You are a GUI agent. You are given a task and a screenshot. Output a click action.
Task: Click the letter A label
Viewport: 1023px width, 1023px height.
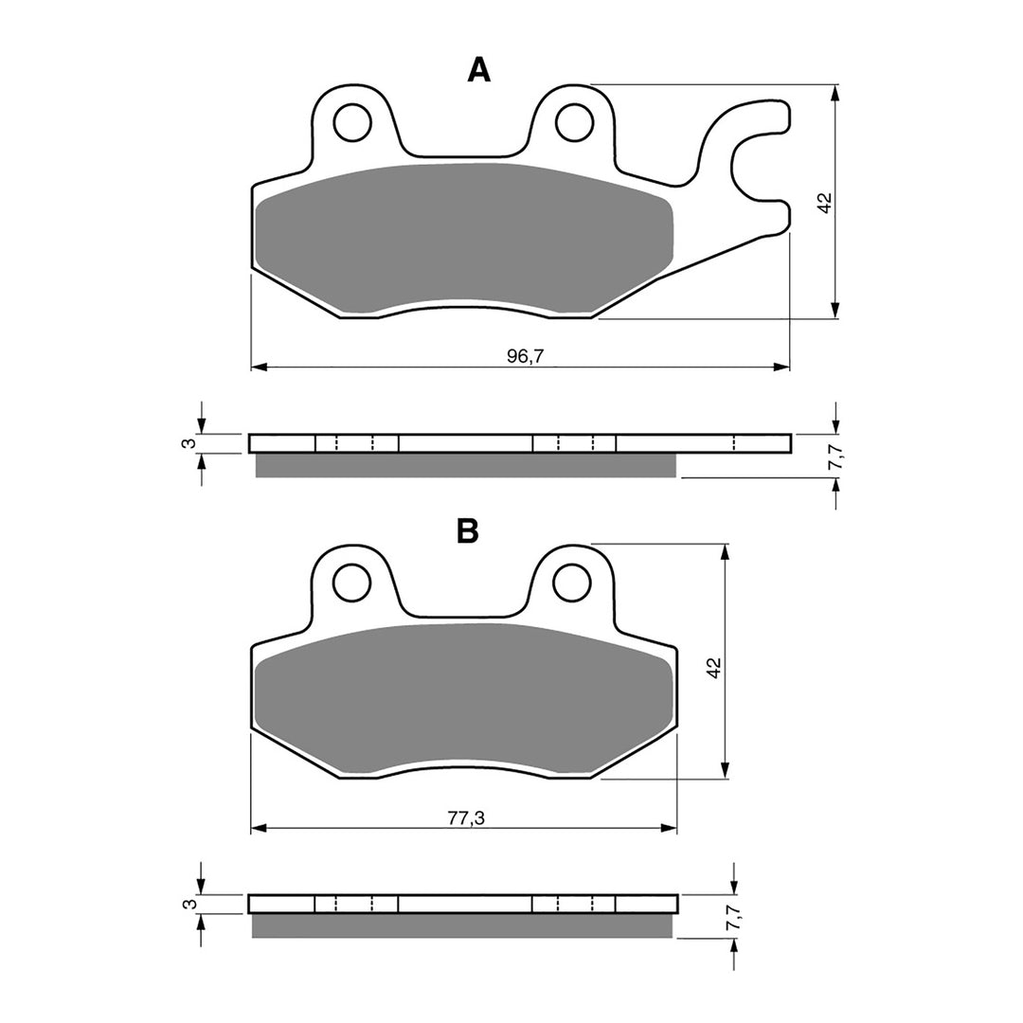(x=479, y=69)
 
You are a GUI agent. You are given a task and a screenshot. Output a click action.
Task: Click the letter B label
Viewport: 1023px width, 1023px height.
(x=468, y=531)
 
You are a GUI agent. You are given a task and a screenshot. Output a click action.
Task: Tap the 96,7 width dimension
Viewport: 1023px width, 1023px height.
(x=520, y=355)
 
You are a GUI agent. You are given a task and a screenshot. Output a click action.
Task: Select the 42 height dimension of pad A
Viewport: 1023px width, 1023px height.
(x=824, y=203)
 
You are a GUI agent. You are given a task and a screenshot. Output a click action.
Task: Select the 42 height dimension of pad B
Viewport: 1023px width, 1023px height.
(x=715, y=666)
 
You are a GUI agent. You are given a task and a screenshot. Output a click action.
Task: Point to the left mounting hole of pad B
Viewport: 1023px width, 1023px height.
(x=351, y=583)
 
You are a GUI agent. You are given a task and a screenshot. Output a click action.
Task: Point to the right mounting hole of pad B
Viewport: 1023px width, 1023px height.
(x=572, y=583)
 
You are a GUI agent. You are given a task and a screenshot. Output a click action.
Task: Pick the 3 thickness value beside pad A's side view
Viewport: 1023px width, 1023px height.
(x=188, y=443)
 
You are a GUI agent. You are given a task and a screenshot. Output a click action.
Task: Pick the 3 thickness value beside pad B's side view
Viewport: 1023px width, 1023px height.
(x=188, y=905)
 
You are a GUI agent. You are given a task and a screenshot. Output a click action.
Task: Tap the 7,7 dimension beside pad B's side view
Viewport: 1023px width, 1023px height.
(x=732, y=918)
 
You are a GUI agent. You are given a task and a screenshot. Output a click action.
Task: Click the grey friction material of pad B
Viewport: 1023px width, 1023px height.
(x=464, y=696)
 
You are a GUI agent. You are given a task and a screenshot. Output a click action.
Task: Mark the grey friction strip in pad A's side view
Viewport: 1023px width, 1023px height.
(x=464, y=465)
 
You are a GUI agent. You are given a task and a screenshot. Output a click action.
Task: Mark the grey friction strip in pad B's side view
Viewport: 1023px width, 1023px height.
(x=464, y=925)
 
